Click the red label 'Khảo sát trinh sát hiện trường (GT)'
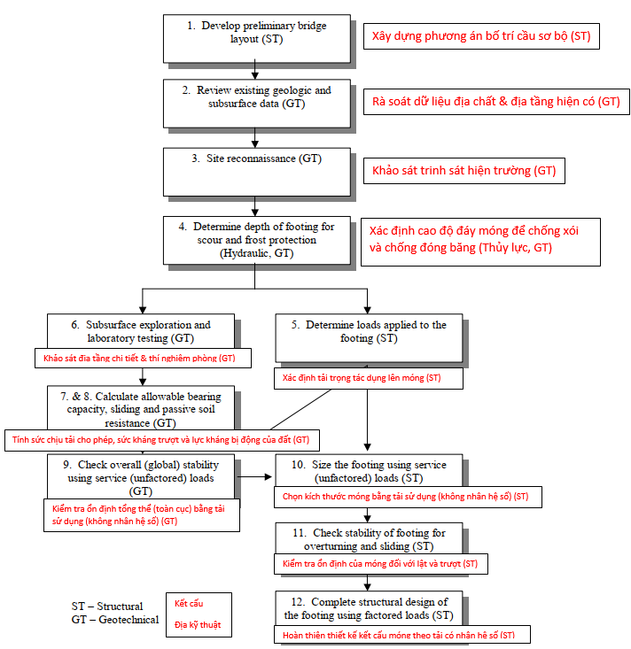coord(464,171)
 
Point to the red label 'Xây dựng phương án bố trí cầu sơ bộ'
coord(481,36)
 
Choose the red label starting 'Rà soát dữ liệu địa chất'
coord(495,102)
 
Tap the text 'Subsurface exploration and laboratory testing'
coord(142,331)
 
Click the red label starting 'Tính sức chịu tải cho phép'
coord(161,439)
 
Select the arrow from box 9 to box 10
coord(254,475)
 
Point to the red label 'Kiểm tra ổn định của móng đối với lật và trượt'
coord(379,563)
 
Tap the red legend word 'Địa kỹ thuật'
coord(198,625)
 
